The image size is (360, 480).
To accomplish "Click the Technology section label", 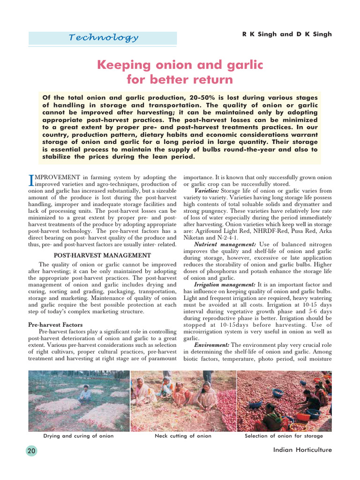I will (103, 38).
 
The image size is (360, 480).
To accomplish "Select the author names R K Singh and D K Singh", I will (287, 34).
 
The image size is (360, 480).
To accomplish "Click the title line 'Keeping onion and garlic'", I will (180, 65).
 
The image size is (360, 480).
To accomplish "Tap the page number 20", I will (31, 451).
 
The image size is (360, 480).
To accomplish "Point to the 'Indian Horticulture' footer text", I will (302, 450).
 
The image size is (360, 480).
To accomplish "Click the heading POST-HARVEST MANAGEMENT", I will (103, 255).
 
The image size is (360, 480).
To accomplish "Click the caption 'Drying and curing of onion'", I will (78, 436).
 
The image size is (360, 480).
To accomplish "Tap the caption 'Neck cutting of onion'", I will (183, 436).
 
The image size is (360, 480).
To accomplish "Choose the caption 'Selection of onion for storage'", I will (284, 436).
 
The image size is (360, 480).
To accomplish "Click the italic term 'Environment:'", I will (212, 345).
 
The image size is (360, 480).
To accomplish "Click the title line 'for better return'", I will (180, 80).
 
